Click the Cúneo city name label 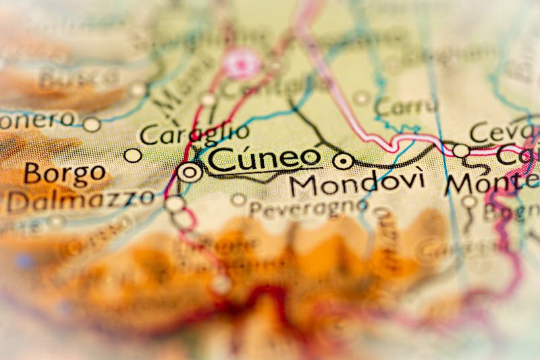pyautogui.click(x=263, y=159)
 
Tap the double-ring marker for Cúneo pyautogui.click(x=190, y=172)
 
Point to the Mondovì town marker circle pyautogui.click(x=343, y=161)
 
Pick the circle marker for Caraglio pyautogui.click(x=133, y=155)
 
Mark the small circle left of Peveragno pyautogui.click(x=238, y=200)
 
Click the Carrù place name pyautogui.click(x=406, y=107)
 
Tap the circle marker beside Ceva pyautogui.click(x=461, y=150)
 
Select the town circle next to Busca pyautogui.click(x=138, y=89)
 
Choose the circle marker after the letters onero pyautogui.click(x=92, y=124)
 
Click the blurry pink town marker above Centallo pyautogui.click(x=242, y=63)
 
